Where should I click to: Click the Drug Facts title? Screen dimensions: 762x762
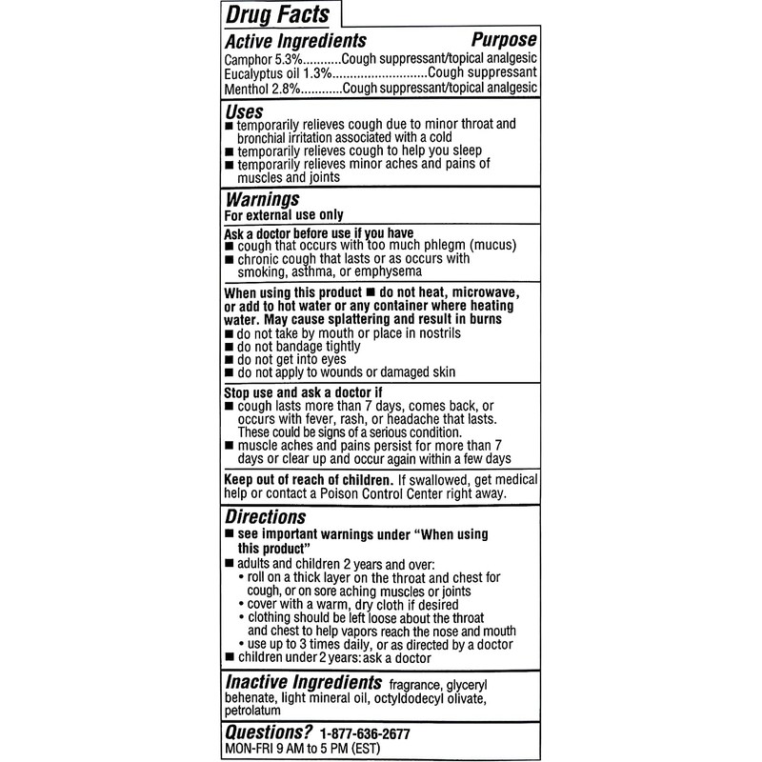[276, 14]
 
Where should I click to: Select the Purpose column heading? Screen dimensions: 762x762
[504, 40]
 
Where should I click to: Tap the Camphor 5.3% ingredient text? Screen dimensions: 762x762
[259, 59]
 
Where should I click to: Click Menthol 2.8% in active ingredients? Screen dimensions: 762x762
[260, 89]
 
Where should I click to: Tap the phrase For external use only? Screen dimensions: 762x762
[283, 215]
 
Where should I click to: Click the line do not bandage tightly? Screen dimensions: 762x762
[300, 348]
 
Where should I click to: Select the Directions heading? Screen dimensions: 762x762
[265, 517]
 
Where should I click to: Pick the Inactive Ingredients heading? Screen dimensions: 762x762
[298, 683]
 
